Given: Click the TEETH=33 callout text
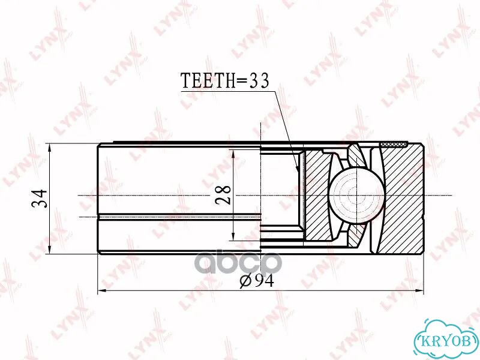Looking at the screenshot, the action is tap(225, 80).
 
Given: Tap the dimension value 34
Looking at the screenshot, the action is tap(40, 199).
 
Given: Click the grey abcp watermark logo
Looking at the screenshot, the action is tap(239, 263).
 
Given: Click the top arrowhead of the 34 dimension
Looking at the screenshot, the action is tap(50, 148).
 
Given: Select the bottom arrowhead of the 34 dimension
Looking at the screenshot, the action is tap(50, 248).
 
